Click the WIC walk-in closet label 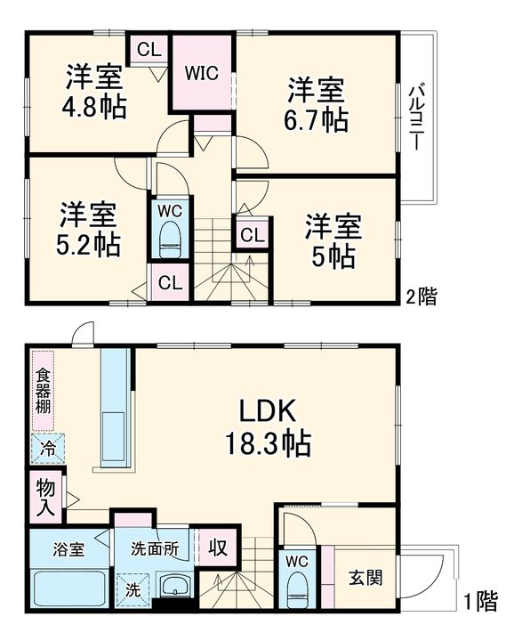coord(202,73)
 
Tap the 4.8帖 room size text coord(94,107)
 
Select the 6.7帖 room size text coord(317,120)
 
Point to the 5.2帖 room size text coord(88,245)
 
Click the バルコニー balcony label coord(416,117)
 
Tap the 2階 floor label coord(422,296)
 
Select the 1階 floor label coord(481,602)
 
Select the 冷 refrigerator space coord(48,449)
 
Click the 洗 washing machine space coord(133,590)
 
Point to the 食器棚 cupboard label coord(43,391)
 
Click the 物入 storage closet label coord(45,498)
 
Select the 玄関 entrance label coord(365,578)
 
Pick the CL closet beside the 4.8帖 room coord(149,50)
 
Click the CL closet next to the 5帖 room coord(252,235)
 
